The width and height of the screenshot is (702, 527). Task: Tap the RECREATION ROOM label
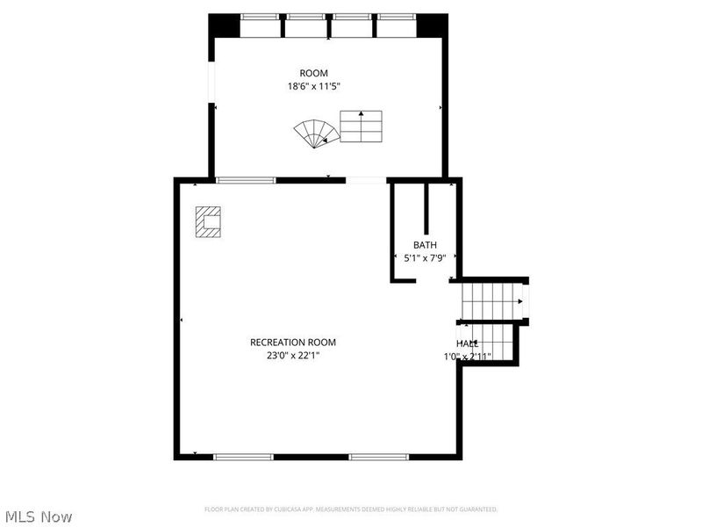click(x=293, y=343)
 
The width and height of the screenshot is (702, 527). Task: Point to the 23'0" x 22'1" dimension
click(x=293, y=356)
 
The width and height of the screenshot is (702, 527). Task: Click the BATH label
click(x=425, y=245)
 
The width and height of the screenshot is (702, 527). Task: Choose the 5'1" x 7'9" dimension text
click(x=425, y=258)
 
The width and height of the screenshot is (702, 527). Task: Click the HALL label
click(x=467, y=343)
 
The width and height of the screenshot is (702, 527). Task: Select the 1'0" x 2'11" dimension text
click(x=467, y=357)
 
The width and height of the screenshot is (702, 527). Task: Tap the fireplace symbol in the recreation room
click(x=209, y=222)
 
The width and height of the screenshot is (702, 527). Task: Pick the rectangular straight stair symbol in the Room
click(x=362, y=126)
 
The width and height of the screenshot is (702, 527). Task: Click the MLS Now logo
click(x=39, y=516)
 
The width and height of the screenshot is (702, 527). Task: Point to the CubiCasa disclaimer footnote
click(x=351, y=509)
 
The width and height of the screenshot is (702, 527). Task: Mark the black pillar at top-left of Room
click(x=225, y=25)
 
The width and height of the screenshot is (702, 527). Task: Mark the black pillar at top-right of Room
click(x=432, y=25)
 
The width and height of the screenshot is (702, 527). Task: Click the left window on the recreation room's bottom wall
click(x=244, y=457)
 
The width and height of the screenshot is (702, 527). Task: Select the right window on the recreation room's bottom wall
click(x=379, y=457)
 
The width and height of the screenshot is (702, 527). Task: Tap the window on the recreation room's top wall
click(x=247, y=180)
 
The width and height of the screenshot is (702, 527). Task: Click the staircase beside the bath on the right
click(x=492, y=301)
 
